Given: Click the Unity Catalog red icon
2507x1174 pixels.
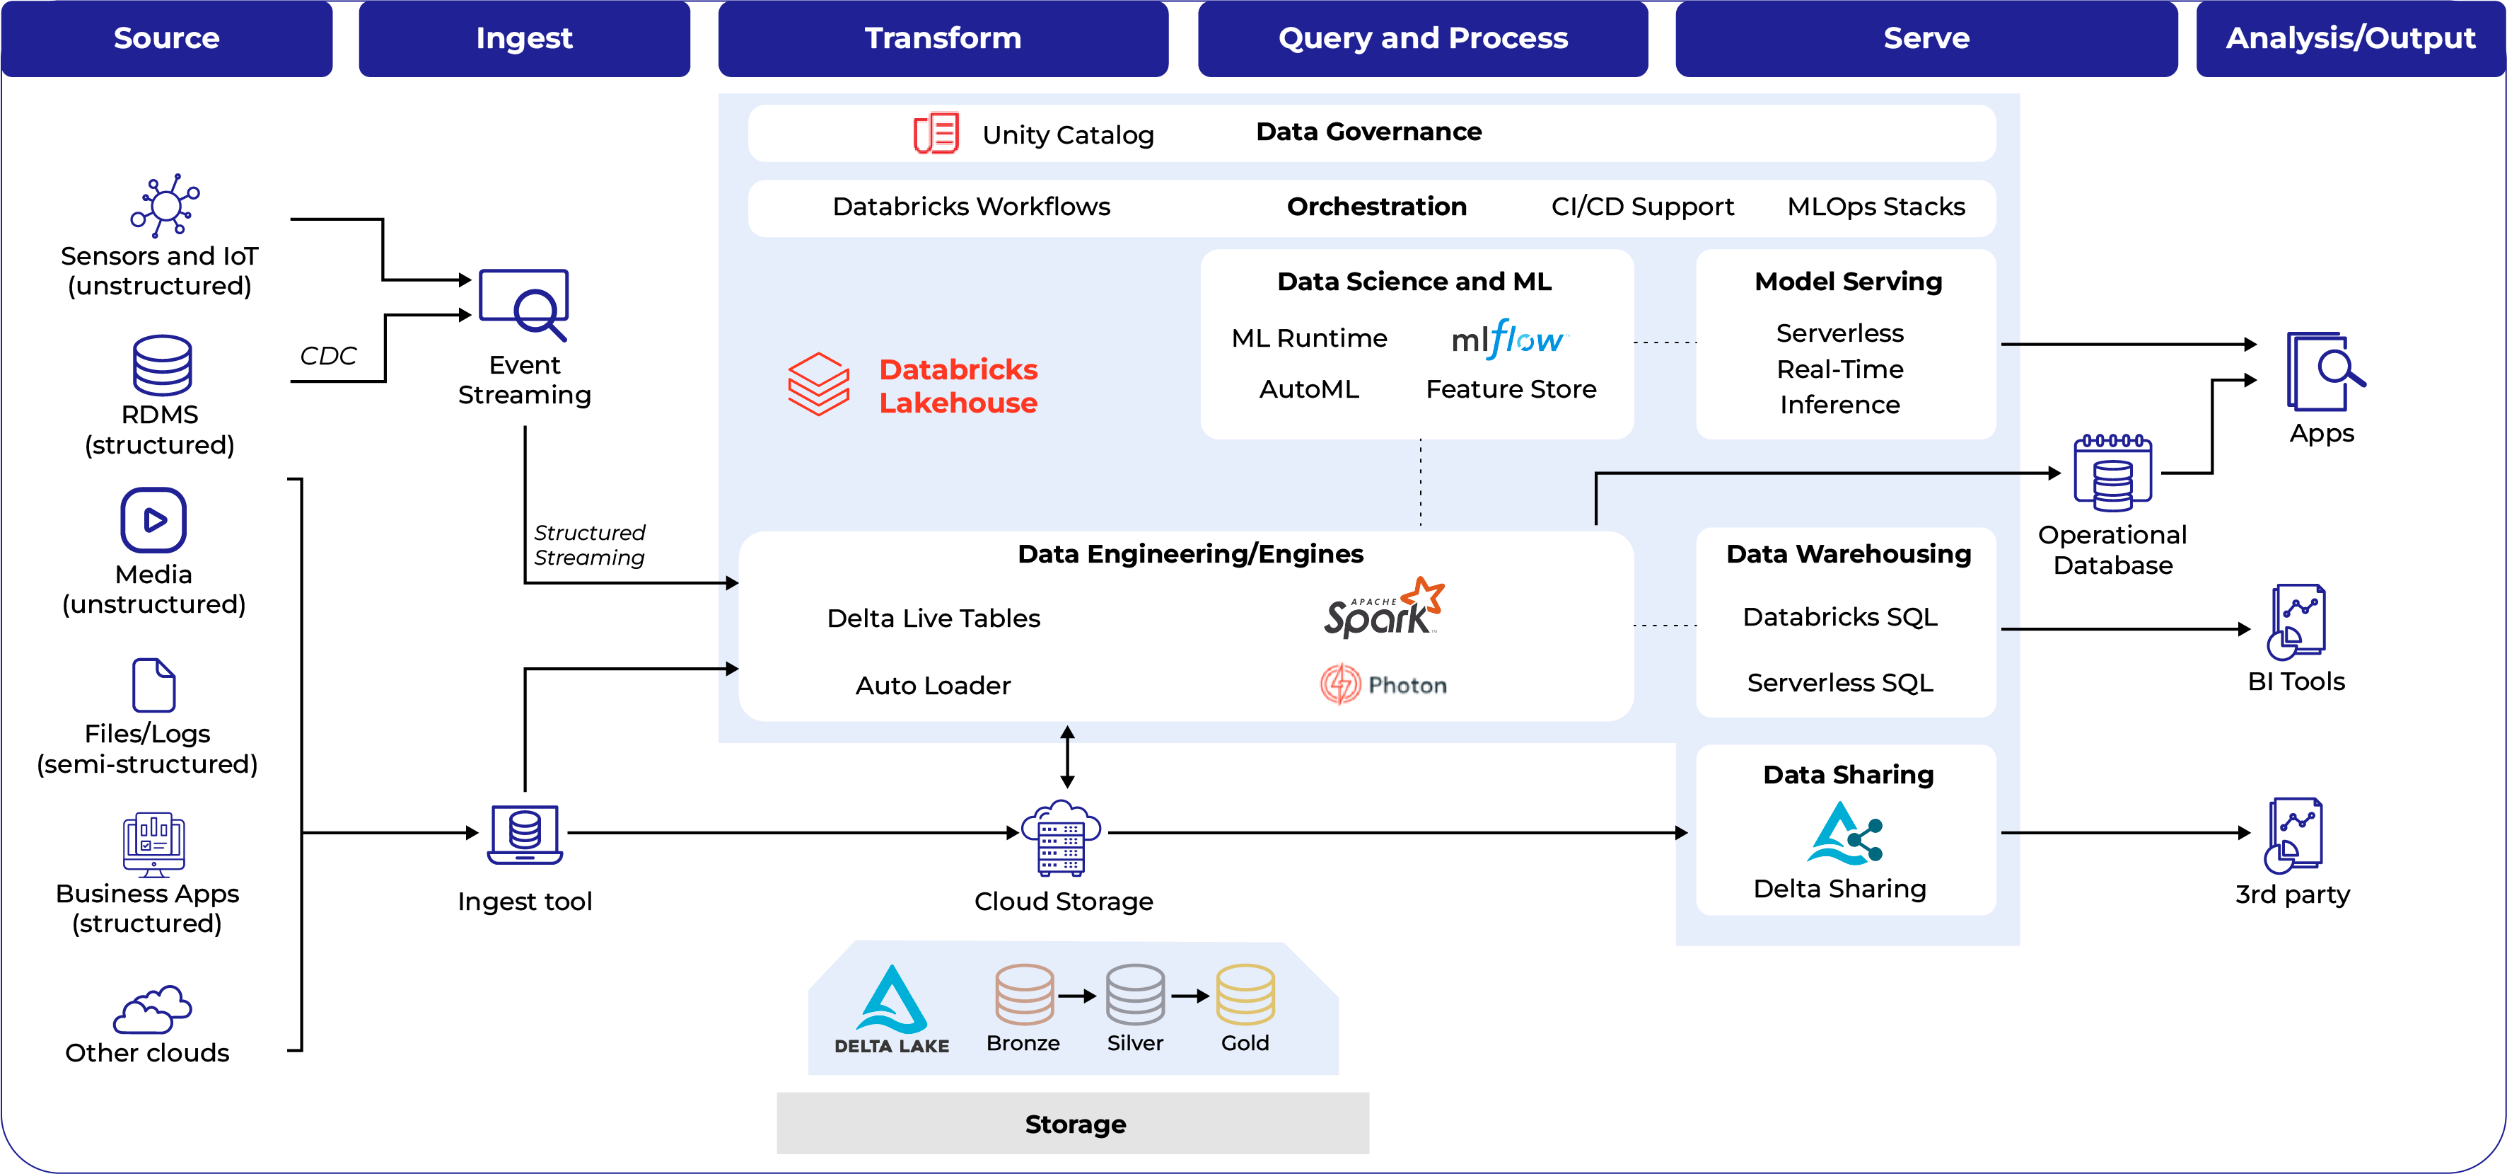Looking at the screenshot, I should click(935, 133).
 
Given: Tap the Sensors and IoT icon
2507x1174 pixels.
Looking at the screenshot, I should click(165, 205).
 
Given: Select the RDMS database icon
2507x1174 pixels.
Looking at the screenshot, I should click(161, 365).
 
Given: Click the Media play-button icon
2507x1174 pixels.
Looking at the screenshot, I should click(153, 520).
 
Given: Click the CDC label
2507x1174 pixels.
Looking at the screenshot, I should click(328, 355).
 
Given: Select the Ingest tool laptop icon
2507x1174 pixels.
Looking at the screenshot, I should click(525, 834).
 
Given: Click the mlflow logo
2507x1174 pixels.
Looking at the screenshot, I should click(1508, 339).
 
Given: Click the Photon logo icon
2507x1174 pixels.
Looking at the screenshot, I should click(1340, 684).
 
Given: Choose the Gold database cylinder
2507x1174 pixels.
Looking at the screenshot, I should click(1245, 995).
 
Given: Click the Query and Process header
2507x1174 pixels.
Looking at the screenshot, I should click(1422, 38).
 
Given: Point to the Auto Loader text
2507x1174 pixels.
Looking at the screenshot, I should click(932, 685).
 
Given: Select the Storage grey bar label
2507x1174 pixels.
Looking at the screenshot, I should click(1074, 1124).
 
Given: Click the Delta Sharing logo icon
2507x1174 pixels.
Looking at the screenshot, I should click(1844, 834).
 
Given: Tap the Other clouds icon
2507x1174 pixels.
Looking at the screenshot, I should click(152, 1010).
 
